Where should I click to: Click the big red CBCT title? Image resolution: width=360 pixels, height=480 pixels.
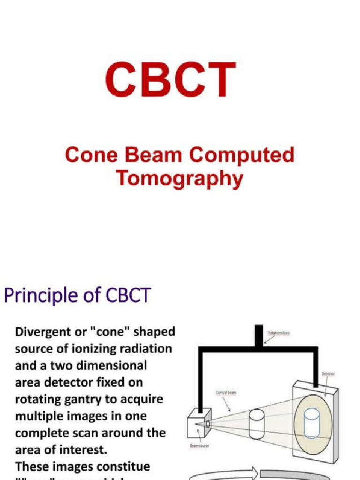[171, 81]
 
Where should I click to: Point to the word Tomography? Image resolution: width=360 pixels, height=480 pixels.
[180, 179]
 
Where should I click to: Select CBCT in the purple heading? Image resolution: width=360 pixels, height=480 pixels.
[128, 296]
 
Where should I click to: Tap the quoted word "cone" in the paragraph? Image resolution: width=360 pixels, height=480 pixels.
[111, 332]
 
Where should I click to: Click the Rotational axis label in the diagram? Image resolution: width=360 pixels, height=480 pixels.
[278, 333]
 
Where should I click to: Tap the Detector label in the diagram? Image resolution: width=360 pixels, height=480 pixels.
[328, 374]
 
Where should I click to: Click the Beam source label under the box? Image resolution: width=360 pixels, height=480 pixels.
[199, 445]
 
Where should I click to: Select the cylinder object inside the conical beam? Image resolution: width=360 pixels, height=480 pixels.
[256, 424]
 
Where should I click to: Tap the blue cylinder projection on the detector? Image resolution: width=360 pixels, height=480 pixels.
[312, 423]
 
